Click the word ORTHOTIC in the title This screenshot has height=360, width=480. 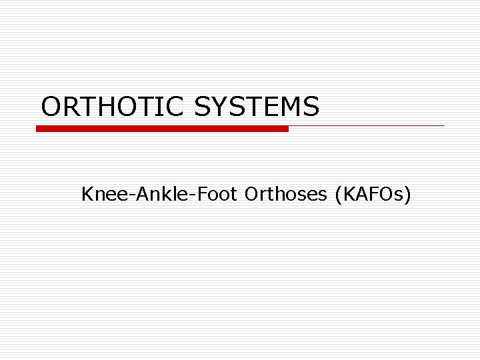pyautogui.click(x=112, y=106)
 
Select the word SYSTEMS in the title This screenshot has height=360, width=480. pyautogui.click(x=257, y=106)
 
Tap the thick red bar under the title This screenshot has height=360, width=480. pyautogui.click(x=162, y=128)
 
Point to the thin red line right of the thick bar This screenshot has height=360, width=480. pyautogui.click(x=367, y=125)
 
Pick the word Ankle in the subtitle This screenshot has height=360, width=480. pyautogui.click(x=155, y=194)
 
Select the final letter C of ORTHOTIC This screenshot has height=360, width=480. pyautogui.click(x=175, y=106)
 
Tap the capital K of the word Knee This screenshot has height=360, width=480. pyautogui.click(x=87, y=194)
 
